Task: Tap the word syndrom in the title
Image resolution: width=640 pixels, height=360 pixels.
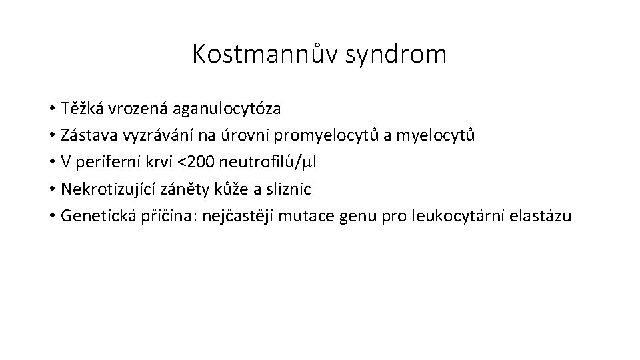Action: tap(397, 55)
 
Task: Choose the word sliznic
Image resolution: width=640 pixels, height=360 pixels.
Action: tap(289, 189)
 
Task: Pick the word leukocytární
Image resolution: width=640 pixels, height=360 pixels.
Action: tap(442, 216)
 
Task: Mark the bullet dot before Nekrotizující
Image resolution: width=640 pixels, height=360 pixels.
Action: tap(51, 189)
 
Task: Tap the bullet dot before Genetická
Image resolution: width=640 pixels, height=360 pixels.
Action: tap(51, 217)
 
